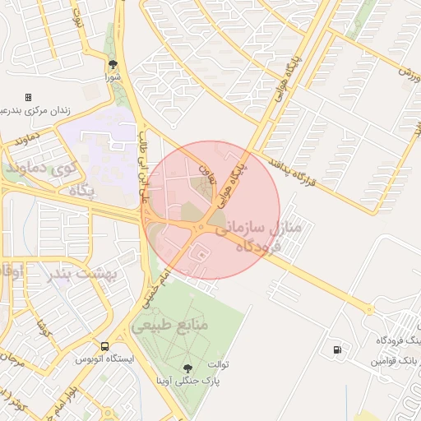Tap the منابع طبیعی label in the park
[x=170, y=326]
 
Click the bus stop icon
[x=104, y=346]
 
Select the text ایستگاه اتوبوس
[x=100, y=359]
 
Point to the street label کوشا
[x=41, y=330]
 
